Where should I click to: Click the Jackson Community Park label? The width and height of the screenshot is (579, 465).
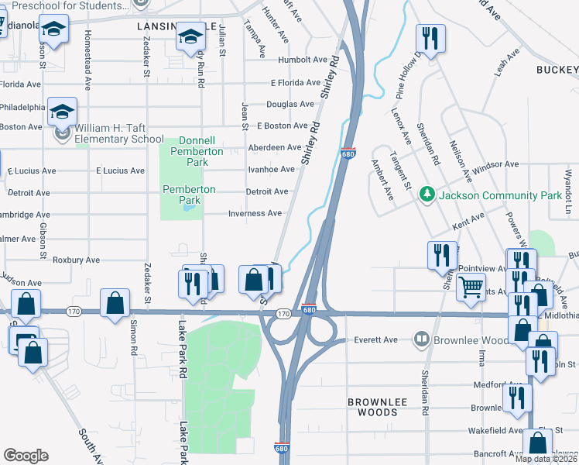(499, 195)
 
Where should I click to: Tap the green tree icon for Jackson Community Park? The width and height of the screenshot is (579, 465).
(425, 193)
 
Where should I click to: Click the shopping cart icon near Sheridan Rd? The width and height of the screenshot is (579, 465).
(471, 288)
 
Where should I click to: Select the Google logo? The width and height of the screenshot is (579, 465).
(26, 456)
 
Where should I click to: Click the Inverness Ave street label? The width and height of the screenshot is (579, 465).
(254, 213)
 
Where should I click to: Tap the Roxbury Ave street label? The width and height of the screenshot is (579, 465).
(76, 260)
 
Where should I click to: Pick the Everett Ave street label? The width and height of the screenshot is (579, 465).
(375, 339)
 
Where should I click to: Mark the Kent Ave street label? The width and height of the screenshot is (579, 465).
(468, 221)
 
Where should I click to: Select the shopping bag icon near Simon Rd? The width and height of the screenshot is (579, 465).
(115, 303)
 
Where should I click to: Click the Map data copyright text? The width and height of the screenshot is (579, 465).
(546, 459)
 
